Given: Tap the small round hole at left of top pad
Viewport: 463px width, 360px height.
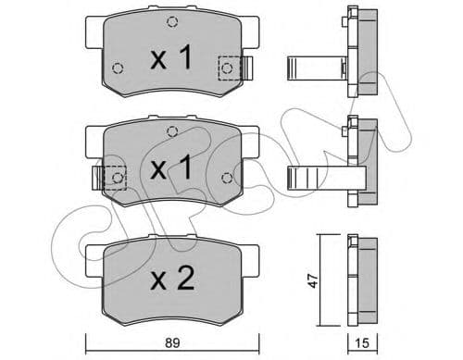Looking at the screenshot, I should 118,68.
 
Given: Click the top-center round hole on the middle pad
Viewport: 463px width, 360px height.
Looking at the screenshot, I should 169,132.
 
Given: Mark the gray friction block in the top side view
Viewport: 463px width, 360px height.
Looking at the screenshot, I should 367,53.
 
